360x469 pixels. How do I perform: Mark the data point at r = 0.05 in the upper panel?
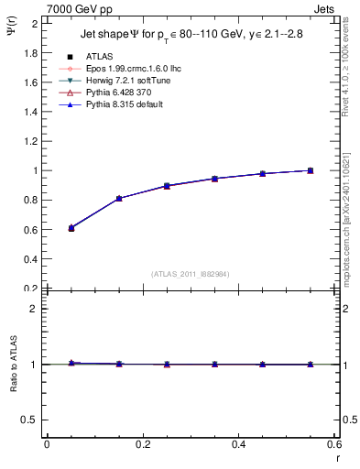click(46, 228)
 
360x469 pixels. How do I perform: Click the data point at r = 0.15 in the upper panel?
click(118, 198)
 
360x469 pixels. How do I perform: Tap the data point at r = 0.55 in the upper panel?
click(310, 170)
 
